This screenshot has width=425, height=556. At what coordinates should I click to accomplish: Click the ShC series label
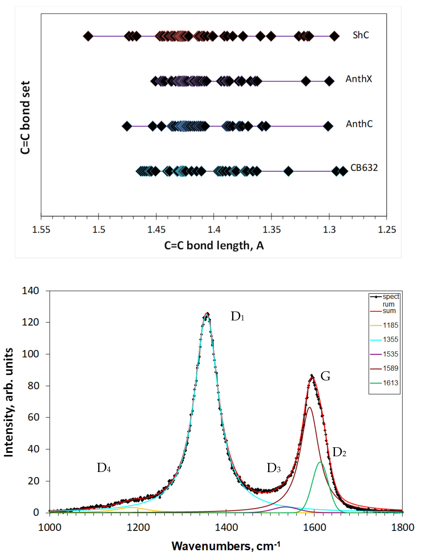(361, 35)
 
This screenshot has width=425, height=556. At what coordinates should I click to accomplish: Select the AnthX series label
(359, 79)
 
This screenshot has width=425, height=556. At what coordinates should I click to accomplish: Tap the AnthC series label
(359, 124)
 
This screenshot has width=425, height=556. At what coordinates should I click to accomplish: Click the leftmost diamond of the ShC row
(88, 36)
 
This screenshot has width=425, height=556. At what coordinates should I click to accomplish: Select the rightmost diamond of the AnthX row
(329, 81)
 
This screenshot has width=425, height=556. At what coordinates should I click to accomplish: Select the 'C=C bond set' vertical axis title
(25, 118)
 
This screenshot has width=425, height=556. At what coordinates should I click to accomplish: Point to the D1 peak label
(237, 317)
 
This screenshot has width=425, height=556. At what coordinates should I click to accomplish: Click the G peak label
(325, 376)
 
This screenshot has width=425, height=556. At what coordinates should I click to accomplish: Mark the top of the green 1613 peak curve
(320, 462)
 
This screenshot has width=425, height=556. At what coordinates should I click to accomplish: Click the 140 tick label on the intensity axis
(30, 291)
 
